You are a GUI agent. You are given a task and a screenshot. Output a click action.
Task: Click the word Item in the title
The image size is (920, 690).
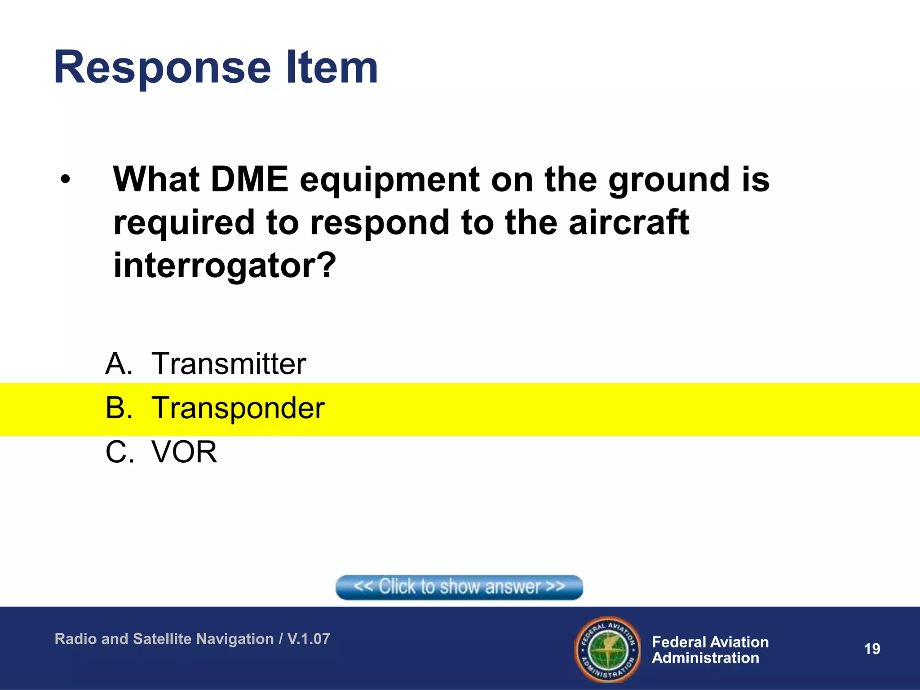332,68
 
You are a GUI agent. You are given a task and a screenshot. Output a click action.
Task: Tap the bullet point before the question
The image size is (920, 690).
66,180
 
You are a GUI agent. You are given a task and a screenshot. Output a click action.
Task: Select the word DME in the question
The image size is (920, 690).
249,180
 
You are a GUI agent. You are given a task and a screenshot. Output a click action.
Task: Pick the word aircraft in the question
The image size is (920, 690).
628,222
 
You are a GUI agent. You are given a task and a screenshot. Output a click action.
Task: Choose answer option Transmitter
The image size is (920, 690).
229,363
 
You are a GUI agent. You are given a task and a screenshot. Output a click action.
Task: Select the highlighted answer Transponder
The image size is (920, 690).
238,408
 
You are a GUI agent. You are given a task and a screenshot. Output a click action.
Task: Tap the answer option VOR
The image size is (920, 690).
184,452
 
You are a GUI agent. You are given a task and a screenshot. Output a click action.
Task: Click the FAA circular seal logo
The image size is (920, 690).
607,649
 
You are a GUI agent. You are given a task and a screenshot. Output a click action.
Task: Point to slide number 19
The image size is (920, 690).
872,649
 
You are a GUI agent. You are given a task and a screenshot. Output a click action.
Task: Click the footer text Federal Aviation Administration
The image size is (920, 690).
710,650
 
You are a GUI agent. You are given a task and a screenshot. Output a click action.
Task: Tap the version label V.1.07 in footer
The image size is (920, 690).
309,639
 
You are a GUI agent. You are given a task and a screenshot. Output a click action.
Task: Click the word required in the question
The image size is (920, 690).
183,223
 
